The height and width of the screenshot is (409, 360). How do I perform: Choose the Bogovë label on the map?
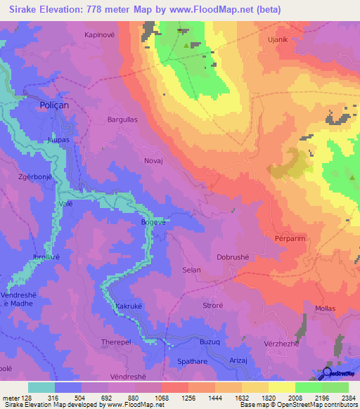[x=153, y=222]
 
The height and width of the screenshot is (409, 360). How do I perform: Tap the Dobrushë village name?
[x=233, y=257]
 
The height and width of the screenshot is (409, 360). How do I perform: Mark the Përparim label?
[x=288, y=239]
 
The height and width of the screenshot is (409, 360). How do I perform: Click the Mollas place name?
[x=326, y=309]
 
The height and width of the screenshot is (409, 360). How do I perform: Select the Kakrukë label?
[x=129, y=307]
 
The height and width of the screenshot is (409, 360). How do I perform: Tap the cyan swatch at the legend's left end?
[x=41, y=387]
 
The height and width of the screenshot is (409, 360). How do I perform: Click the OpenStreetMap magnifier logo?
[x=327, y=374]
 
